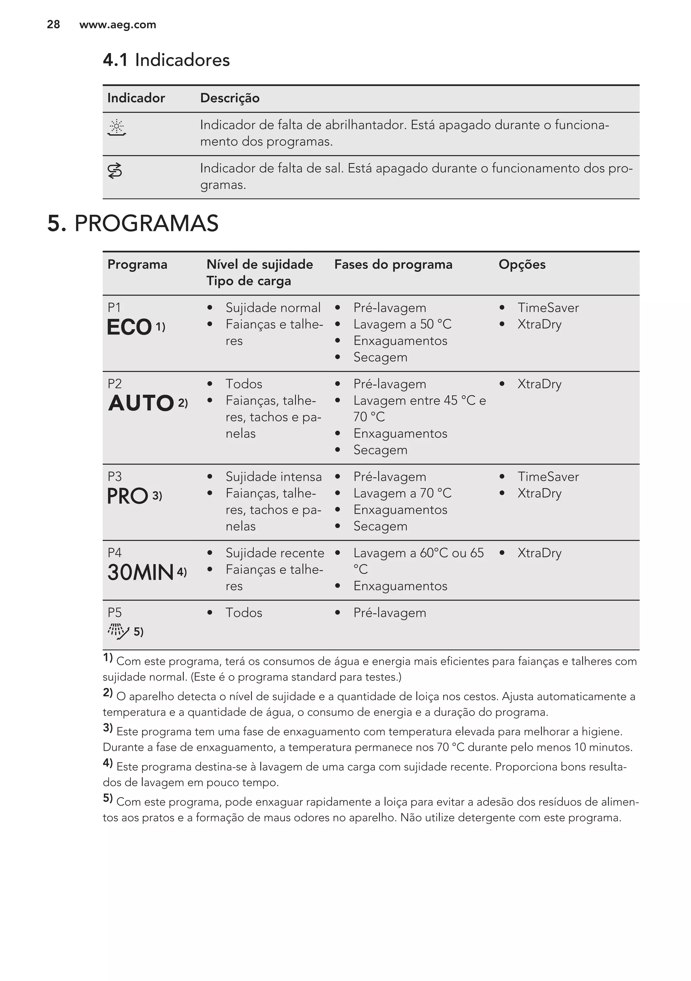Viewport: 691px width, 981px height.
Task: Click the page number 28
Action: (x=53, y=25)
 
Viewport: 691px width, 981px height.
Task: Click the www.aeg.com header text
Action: (x=117, y=25)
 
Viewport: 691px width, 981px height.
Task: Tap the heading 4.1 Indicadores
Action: (x=166, y=60)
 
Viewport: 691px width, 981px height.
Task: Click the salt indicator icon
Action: (x=115, y=170)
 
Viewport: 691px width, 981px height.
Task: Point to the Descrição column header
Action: (x=230, y=98)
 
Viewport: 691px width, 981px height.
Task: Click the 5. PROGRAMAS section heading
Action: (x=133, y=223)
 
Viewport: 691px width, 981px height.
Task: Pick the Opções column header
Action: (x=522, y=264)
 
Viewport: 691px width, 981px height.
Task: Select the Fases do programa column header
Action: (x=393, y=264)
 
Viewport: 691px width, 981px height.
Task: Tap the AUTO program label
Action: (x=141, y=403)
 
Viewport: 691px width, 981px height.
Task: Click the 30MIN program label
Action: (x=140, y=573)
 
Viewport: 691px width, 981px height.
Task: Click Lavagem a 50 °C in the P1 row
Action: (x=402, y=324)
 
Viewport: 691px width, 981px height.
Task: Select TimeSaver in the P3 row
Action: (x=548, y=477)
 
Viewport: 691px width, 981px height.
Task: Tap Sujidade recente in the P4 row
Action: (x=275, y=553)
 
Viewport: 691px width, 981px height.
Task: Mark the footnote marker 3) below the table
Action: (x=108, y=727)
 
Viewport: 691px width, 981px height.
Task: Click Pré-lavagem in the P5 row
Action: (x=389, y=613)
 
